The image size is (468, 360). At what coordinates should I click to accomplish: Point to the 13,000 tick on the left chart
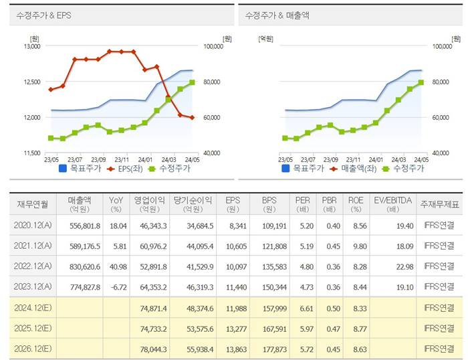tap(32, 47)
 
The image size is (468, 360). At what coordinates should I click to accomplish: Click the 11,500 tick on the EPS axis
tap(32, 153)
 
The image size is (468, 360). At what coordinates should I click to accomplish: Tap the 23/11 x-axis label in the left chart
tap(122, 160)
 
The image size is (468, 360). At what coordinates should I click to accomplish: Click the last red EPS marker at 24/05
tap(193, 118)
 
